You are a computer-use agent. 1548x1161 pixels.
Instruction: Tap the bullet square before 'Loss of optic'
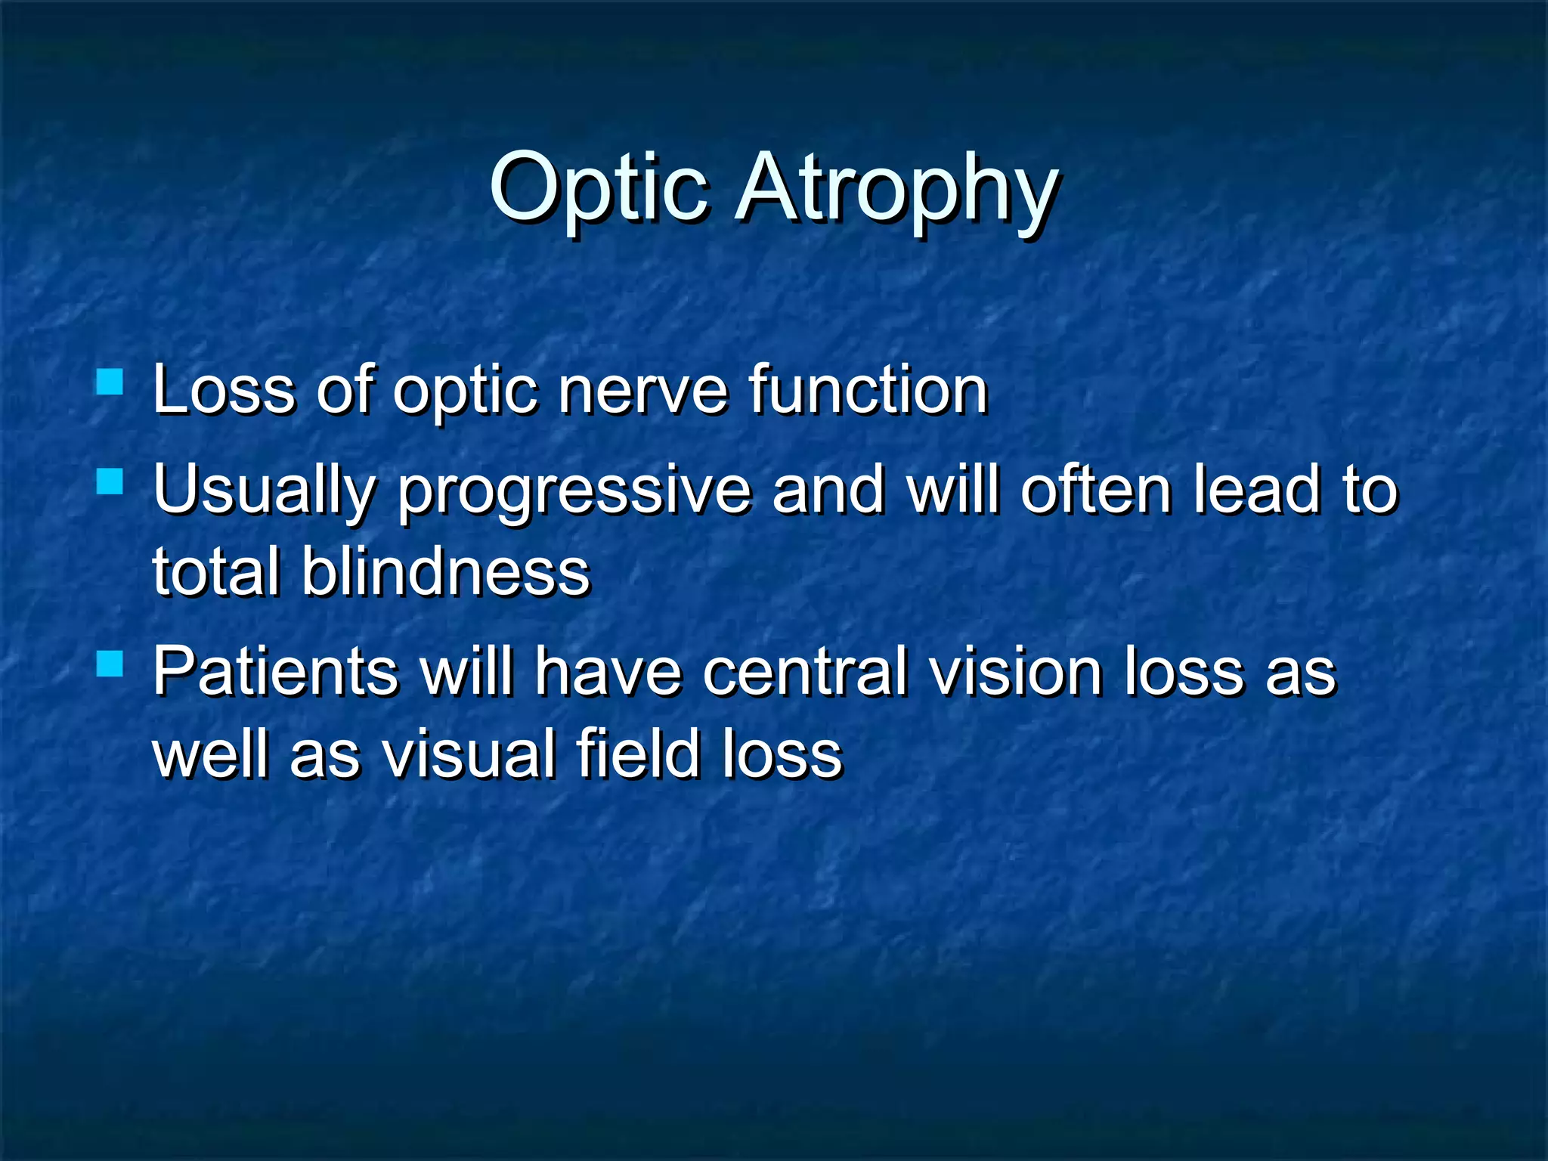click(x=110, y=382)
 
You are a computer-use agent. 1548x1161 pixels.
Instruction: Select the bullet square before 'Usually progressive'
click(x=110, y=481)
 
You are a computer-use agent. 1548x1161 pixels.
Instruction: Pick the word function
click(x=868, y=391)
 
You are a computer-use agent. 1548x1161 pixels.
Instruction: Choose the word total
click(x=215, y=571)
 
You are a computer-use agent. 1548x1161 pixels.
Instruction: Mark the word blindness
click(x=446, y=571)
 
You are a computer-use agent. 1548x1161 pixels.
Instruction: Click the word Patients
click(x=275, y=671)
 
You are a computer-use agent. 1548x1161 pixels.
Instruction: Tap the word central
click(x=805, y=671)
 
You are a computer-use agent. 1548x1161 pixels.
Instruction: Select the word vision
click(x=1015, y=671)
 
